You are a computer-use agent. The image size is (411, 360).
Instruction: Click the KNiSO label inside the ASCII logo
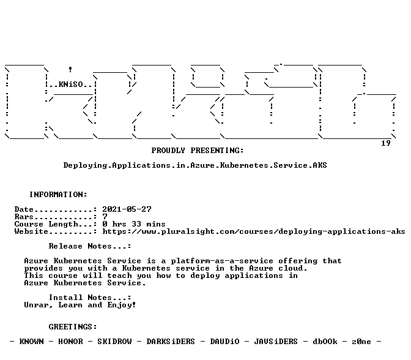70,84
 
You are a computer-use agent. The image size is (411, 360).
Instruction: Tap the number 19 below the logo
385,143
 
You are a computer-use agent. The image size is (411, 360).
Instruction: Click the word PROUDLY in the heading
168,151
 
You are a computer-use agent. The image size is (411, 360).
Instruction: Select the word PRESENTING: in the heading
217,151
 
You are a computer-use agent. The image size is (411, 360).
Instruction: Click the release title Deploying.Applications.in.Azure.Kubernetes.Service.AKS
195,165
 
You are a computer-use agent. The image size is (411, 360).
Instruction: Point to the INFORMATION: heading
58,195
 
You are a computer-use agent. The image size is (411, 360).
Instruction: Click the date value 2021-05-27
127,209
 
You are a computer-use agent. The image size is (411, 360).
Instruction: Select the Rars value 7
105,217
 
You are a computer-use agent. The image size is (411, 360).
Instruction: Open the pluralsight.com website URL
253,231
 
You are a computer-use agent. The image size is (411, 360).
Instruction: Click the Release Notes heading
90,246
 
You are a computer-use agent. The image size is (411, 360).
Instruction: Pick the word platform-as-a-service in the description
222,261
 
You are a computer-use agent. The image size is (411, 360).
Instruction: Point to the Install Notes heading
90,298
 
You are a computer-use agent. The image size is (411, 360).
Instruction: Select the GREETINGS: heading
73,327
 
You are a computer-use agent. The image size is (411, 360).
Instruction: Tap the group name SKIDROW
114,342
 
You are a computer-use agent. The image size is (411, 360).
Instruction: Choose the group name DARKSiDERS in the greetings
171,342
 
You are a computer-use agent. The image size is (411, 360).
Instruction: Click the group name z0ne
361,342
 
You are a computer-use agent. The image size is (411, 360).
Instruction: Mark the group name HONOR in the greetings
70,342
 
